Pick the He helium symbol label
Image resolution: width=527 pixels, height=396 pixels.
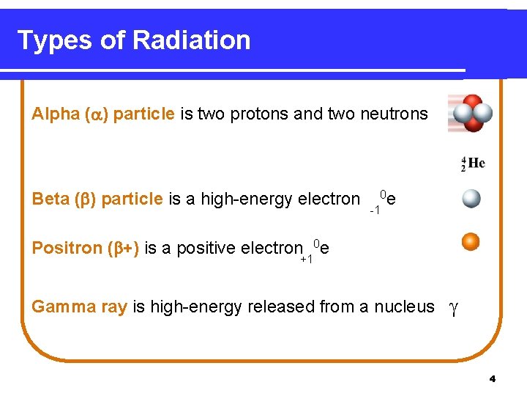click(x=475, y=163)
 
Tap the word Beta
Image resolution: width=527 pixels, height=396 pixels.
click(x=51, y=199)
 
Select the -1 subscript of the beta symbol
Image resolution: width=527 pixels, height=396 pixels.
click(x=374, y=210)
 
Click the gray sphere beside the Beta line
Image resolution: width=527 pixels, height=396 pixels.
click(x=471, y=199)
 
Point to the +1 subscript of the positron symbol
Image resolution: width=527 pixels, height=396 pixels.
click(x=306, y=259)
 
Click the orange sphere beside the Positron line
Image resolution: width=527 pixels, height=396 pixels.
click(x=471, y=241)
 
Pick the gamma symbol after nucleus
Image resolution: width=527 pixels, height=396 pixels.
click(x=454, y=309)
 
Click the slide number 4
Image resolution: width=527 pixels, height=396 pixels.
click(x=492, y=378)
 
